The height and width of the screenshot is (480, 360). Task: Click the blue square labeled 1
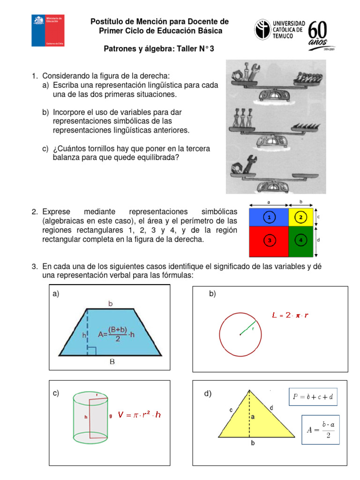pos(269,217)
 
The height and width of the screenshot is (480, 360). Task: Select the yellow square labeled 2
pos(301,217)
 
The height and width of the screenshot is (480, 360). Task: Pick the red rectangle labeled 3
pos(269,241)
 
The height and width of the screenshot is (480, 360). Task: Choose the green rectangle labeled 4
pos(301,241)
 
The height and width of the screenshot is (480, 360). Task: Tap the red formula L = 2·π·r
pos(290,315)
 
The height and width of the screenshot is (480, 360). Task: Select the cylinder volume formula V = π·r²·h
pos(139,415)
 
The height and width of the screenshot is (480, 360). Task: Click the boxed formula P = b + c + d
pos(313,397)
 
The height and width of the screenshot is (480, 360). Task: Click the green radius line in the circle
pos(247,328)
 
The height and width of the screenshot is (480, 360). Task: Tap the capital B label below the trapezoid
pos(112,361)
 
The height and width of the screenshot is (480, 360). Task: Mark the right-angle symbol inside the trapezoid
pos(91,351)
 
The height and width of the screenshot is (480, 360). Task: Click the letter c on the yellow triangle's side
pos(231,410)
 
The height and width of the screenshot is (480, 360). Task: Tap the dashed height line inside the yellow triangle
pos(249,412)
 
